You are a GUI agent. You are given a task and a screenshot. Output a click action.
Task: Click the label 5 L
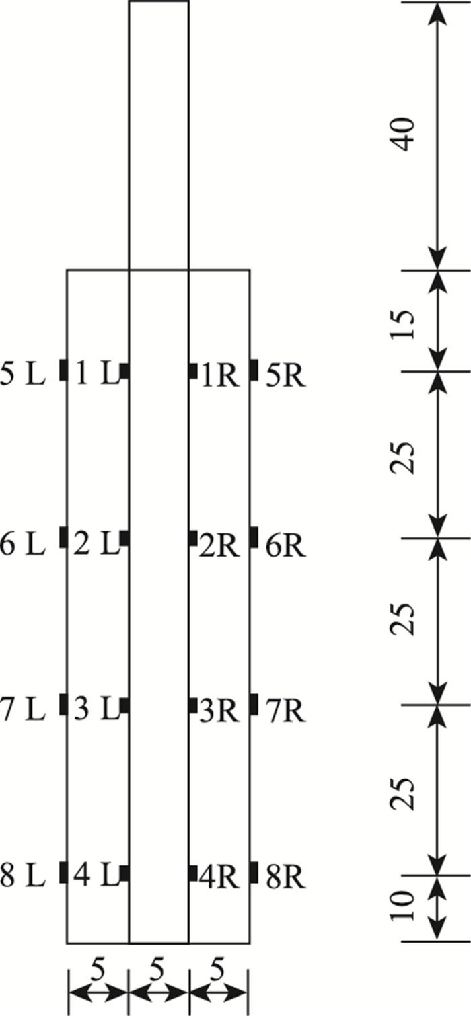(22, 375)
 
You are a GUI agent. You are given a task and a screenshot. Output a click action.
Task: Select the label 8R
(286, 877)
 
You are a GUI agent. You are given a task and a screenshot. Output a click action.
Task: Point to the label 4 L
(95, 877)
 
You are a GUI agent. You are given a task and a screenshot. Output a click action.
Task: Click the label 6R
(286, 546)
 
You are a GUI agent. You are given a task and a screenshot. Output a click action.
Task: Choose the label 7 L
(22, 710)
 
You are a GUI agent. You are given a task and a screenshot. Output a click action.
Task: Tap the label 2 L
(95, 543)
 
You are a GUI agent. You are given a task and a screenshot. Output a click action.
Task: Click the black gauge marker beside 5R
(254, 369)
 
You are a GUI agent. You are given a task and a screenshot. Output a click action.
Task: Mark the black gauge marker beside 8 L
(63, 871)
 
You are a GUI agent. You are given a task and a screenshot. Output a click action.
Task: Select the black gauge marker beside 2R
(193, 538)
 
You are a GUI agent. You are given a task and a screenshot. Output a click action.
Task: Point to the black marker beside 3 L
(124, 705)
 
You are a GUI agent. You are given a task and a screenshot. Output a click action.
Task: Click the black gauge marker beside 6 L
(63, 537)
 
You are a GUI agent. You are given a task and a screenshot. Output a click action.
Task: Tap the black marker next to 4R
(193, 872)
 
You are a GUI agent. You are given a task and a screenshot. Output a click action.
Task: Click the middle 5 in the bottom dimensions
(157, 970)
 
